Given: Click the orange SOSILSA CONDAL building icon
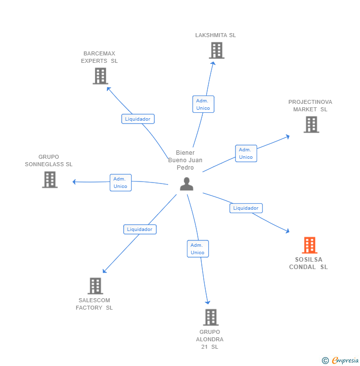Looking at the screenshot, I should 310,245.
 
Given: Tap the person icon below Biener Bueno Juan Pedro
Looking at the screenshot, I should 186,184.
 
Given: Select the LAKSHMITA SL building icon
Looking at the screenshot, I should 216,50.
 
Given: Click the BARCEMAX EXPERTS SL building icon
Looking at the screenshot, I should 100,76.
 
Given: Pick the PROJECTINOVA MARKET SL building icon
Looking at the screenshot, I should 311,125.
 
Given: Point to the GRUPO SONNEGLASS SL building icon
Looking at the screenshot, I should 50,180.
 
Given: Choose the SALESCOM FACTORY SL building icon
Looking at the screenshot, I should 95,286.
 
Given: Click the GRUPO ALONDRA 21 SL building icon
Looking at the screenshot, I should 211,318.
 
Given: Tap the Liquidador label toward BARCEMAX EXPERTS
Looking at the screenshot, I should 138,119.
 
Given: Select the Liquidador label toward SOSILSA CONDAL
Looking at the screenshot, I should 246,208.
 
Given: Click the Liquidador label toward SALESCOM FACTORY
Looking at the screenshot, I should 140,229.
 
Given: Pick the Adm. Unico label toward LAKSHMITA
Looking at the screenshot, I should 203,104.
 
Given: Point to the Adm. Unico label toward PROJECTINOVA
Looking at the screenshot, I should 246,153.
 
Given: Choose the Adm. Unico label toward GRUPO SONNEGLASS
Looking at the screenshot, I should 120,183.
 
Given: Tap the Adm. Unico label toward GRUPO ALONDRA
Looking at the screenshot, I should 197,249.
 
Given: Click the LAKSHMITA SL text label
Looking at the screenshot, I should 216,36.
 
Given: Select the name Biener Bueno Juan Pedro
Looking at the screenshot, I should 185,160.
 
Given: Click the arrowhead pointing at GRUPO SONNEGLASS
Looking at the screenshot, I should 74,182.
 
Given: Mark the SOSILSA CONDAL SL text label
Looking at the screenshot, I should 309,263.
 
